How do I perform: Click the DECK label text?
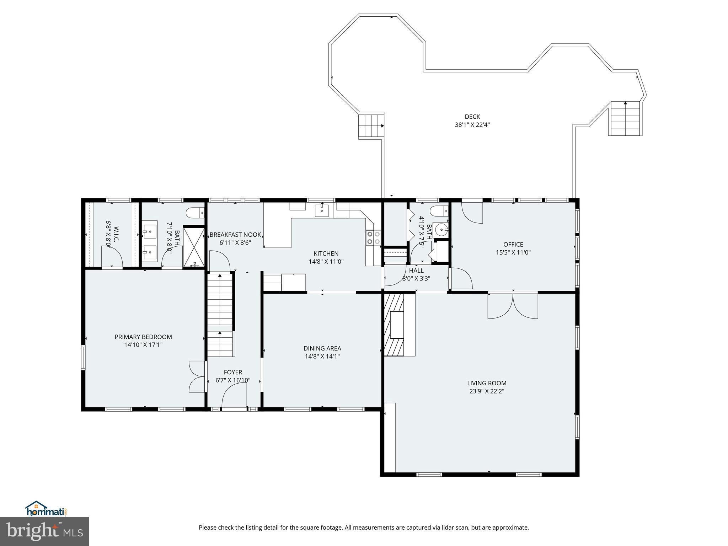[472, 117]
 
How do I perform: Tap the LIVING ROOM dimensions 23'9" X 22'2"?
[487, 391]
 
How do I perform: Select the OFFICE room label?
[513, 245]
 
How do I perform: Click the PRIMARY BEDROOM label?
[143, 337]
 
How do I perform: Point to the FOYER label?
[233, 372]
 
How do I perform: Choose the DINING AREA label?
[322, 348]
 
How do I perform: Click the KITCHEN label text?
[326, 253]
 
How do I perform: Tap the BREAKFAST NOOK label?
[235, 235]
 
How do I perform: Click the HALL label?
[416, 271]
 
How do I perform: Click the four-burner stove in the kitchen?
[373, 237]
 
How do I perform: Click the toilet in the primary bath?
[195, 213]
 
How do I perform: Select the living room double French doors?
[513, 305]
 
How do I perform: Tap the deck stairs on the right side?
[626, 118]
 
